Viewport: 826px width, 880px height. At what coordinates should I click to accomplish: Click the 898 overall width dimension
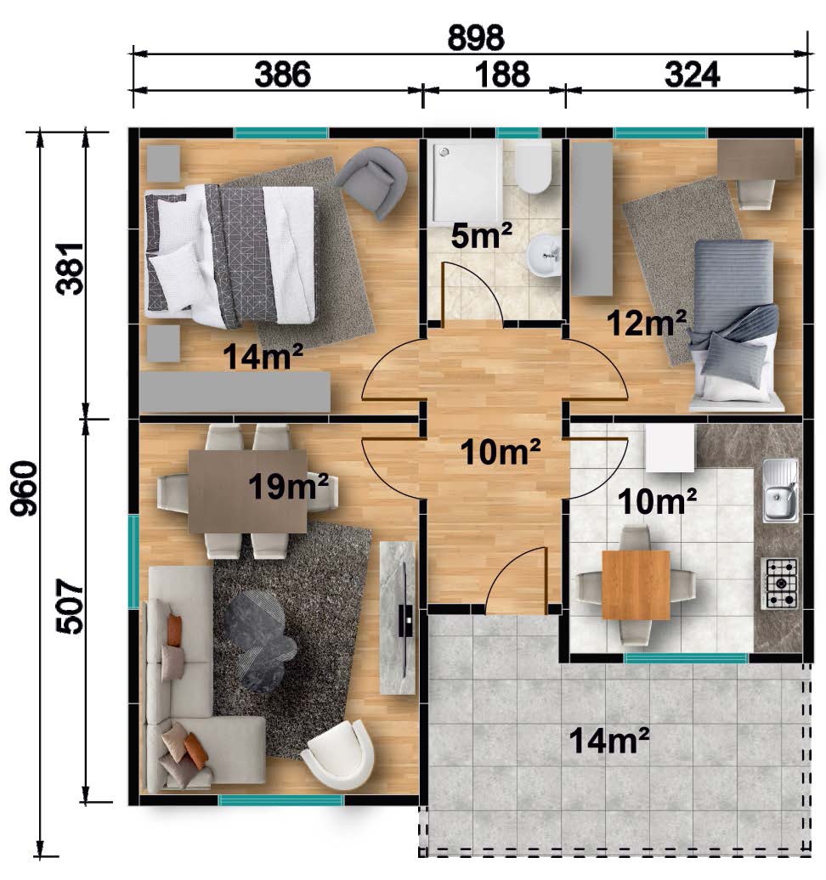[x=476, y=37]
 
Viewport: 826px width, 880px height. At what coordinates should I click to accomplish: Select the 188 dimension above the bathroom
[x=502, y=74]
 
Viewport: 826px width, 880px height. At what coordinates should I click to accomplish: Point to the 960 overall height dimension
[x=24, y=488]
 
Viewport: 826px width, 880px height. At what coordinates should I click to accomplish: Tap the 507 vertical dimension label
[x=71, y=607]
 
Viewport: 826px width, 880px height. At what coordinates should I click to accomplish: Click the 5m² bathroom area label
[x=481, y=236]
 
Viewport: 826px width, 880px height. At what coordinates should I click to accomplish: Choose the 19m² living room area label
[x=288, y=486]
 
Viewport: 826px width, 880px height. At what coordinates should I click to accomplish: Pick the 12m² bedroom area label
[x=647, y=323]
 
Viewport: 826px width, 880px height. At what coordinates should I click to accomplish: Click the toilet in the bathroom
[x=534, y=166]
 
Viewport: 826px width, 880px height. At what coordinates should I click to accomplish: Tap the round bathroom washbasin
[x=544, y=256]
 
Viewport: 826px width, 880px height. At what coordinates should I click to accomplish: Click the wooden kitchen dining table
[x=636, y=584]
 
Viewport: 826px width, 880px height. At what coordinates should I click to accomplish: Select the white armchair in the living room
[x=339, y=754]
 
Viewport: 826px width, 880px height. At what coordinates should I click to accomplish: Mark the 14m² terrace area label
[x=609, y=740]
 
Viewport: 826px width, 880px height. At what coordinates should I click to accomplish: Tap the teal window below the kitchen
[x=686, y=658]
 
